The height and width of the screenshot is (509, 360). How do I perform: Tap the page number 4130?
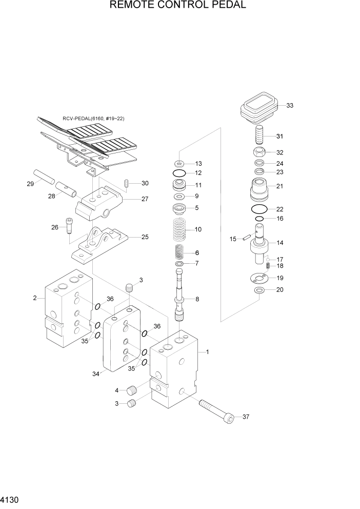[11, 499]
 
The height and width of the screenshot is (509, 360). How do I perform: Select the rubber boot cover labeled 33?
[258, 107]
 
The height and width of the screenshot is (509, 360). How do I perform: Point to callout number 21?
[279, 186]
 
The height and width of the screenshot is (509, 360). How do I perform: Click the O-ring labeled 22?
[260, 209]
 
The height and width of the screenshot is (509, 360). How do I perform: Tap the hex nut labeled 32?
[259, 152]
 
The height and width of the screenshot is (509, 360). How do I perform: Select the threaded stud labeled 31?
[259, 136]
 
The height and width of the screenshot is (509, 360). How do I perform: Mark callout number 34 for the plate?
[95, 374]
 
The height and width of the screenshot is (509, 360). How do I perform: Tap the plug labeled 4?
[133, 390]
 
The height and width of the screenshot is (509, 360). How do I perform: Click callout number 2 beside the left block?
[34, 298]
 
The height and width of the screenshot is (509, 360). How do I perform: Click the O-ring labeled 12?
[179, 173]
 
